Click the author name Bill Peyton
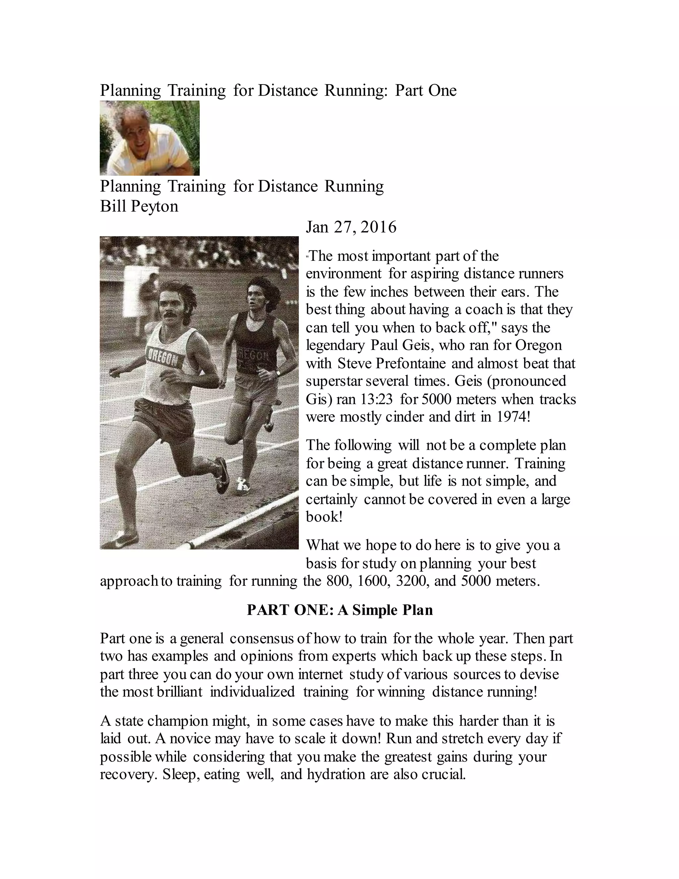[139, 206]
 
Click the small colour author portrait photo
[149, 138]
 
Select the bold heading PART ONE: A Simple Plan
[339, 610]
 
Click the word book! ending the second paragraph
[324, 517]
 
